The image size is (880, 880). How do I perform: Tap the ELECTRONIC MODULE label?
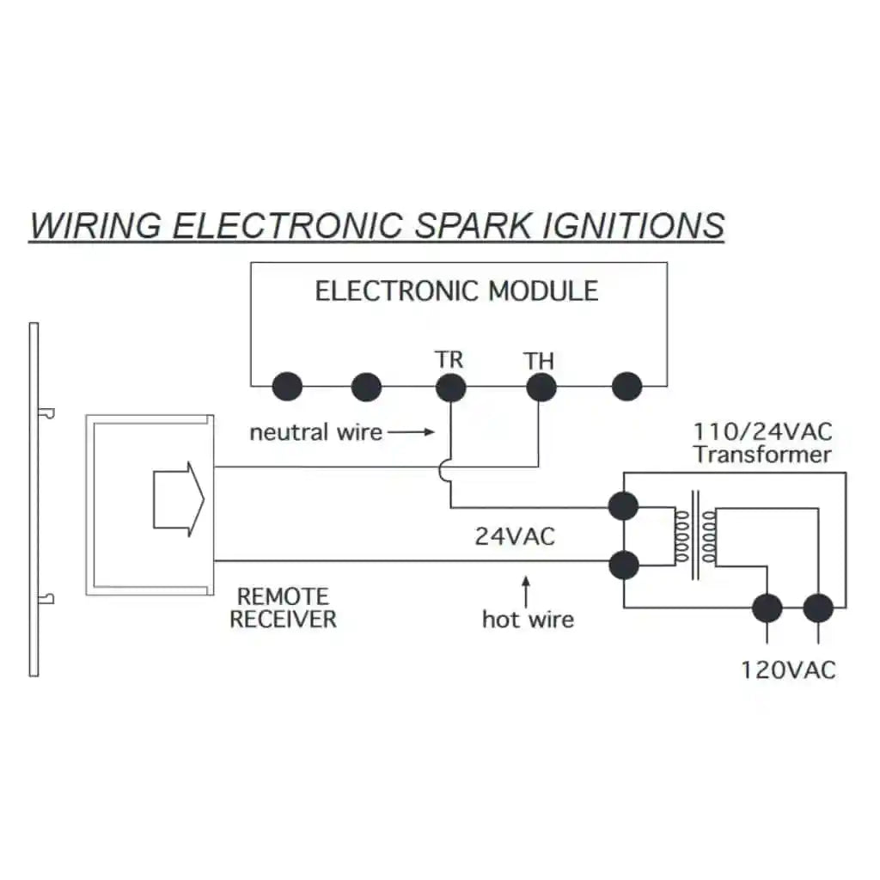456,290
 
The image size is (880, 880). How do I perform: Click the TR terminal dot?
450,388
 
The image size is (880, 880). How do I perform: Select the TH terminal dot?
541,388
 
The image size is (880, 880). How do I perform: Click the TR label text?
449,359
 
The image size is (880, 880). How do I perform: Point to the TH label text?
539,362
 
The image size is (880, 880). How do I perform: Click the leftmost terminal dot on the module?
287,388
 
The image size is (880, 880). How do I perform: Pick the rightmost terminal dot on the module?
626,388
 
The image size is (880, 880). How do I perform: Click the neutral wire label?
315,431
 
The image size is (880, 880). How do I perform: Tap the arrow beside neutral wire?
412,431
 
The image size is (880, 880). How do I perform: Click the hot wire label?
528,619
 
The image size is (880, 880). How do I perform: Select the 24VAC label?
515,536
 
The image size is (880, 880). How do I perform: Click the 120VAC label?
788,669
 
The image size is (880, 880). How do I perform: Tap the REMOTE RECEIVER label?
283,608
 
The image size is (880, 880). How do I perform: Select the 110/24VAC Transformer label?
762,443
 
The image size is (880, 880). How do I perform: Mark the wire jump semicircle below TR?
444,468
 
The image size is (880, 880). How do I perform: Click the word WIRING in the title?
95,225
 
